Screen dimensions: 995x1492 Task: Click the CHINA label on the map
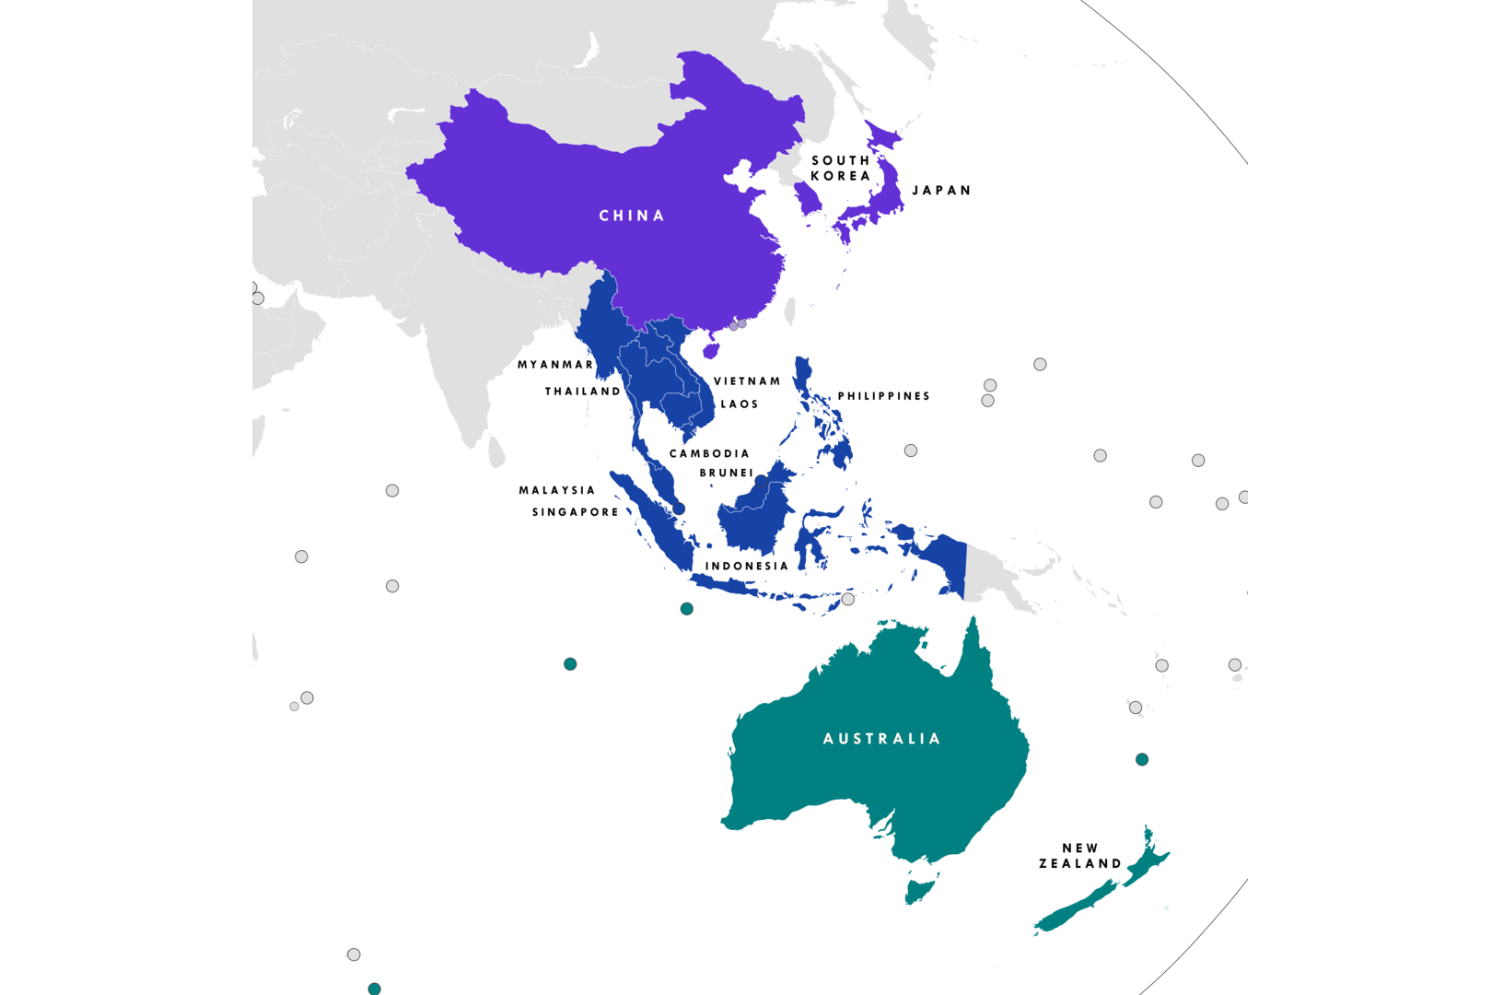click(632, 216)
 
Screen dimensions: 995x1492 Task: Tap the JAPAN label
click(941, 191)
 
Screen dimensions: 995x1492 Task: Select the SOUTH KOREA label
click(840, 168)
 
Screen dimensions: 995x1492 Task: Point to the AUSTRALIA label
click(881, 739)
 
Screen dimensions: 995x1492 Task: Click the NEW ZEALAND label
click(1080, 856)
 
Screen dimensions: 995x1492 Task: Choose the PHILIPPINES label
click(883, 396)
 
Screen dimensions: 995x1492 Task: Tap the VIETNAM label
click(747, 381)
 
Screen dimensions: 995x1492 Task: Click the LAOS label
click(740, 404)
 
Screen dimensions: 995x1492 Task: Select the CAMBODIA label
click(709, 453)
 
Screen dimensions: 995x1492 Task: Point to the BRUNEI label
click(727, 473)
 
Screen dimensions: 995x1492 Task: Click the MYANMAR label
click(555, 365)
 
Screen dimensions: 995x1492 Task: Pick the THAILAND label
click(583, 392)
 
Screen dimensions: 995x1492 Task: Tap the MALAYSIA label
click(557, 490)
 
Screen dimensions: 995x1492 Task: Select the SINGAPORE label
click(576, 512)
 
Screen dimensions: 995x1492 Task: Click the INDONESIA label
click(747, 567)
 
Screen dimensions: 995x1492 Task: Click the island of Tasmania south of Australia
click(919, 891)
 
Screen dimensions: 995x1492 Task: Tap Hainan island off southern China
click(710, 350)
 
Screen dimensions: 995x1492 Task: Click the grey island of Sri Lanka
click(496, 451)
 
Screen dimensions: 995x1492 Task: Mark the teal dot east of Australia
click(1142, 759)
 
